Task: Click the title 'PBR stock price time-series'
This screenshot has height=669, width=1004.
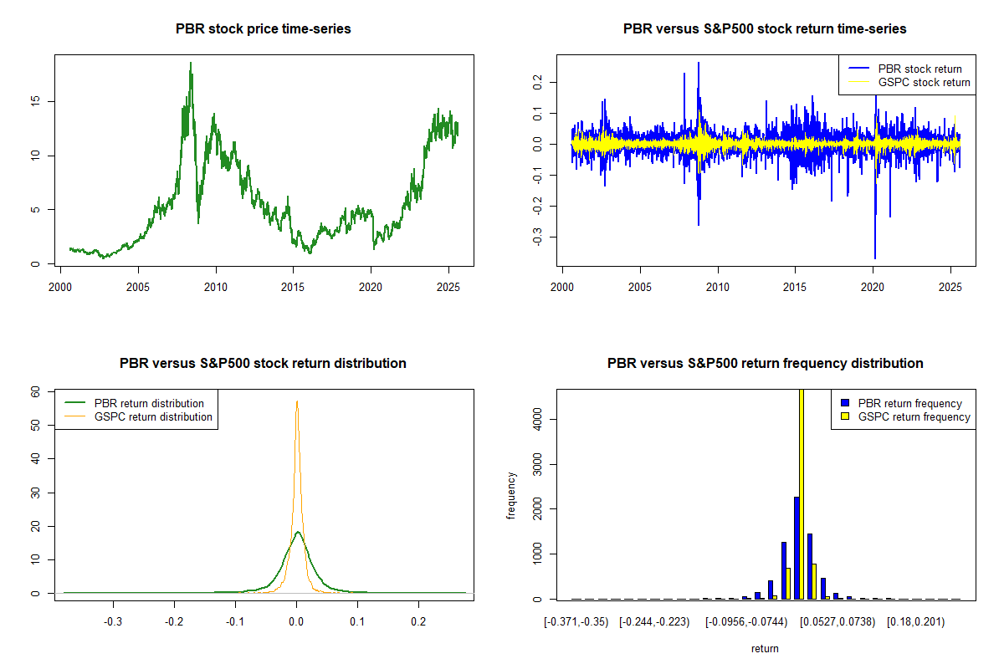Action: click(x=263, y=29)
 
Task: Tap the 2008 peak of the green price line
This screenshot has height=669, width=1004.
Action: click(x=191, y=64)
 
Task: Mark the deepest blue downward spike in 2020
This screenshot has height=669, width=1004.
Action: click(x=875, y=258)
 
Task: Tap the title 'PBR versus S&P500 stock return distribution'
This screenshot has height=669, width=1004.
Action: click(x=263, y=364)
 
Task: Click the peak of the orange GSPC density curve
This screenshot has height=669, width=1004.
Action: click(x=296, y=402)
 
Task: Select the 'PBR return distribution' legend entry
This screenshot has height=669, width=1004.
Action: click(x=149, y=404)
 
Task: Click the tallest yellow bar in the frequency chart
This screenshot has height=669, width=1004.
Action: click(x=802, y=493)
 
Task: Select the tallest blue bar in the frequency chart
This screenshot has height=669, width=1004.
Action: click(x=797, y=548)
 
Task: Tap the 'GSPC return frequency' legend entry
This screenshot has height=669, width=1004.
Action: click(x=914, y=416)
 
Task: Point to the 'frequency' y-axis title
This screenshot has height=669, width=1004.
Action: click(x=512, y=495)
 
